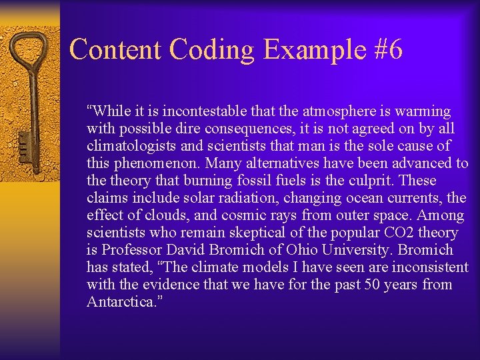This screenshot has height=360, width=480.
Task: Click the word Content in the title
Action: [x=115, y=50]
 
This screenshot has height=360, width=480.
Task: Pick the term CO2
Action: [x=399, y=233]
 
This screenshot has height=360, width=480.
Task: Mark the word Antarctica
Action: [x=121, y=302]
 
